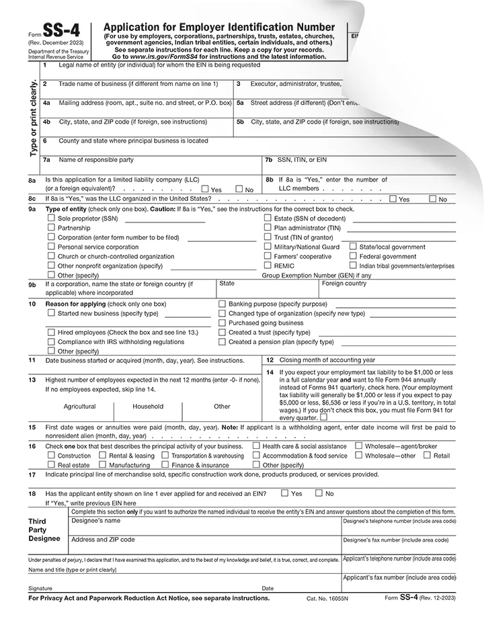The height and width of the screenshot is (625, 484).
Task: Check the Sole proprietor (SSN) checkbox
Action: [51, 218]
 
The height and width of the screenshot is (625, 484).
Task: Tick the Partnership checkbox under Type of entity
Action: [51, 228]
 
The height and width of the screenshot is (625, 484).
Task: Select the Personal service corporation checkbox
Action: [51, 247]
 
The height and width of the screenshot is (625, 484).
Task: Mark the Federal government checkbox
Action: [353, 256]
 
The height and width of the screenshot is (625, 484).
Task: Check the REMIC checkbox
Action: [268, 265]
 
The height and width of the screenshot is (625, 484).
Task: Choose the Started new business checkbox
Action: [51, 313]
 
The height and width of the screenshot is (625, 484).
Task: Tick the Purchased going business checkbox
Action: [223, 323]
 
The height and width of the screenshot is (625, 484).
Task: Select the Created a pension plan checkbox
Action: [223, 341]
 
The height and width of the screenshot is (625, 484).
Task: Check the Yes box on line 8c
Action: [393, 199]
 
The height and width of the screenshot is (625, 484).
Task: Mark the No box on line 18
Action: [319, 493]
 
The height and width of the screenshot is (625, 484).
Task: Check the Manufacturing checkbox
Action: [102, 464]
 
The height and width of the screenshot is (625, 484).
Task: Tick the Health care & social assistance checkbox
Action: [256, 446]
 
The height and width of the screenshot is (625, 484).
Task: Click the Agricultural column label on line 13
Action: [79, 407]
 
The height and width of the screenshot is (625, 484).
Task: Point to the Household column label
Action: [148, 407]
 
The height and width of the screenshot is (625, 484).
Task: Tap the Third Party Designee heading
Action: [44, 530]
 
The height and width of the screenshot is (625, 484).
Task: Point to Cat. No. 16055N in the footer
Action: [328, 597]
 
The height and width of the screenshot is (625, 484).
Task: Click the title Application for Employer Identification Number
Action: [219, 27]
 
